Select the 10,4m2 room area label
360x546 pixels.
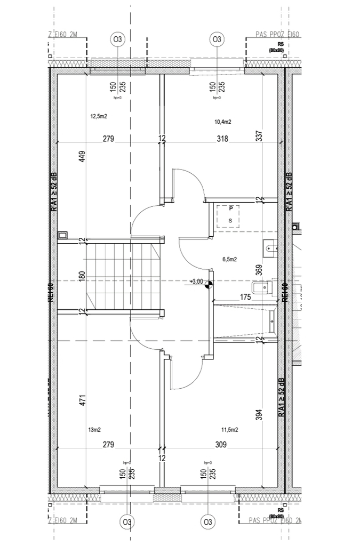[x=223, y=122]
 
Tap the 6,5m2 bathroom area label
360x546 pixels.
[x=230, y=260]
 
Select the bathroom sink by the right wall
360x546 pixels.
[x=269, y=247]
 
